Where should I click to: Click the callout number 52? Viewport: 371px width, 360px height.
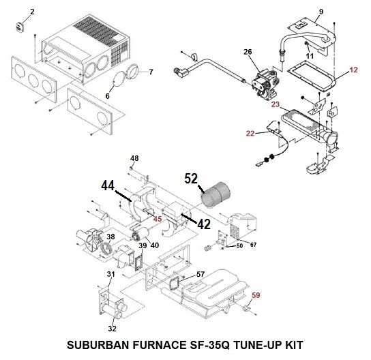click(x=191, y=179)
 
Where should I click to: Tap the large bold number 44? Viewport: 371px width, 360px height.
click(x=108, y=185)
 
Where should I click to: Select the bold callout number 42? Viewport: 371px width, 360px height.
click(x=204, y=224)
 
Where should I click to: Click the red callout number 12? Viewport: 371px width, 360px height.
click(x=353, y=70)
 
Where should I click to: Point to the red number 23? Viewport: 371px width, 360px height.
click(x=276, y=104)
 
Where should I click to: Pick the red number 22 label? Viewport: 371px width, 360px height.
click(x=250, y=134)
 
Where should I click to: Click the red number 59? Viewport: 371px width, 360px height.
click(x=256, y=295)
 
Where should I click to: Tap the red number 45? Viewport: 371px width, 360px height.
click(x=158, y=219)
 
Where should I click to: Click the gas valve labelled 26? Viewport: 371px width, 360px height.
click(x=265, y=82)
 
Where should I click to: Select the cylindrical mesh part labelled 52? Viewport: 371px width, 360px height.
click(x=216, y=195)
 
